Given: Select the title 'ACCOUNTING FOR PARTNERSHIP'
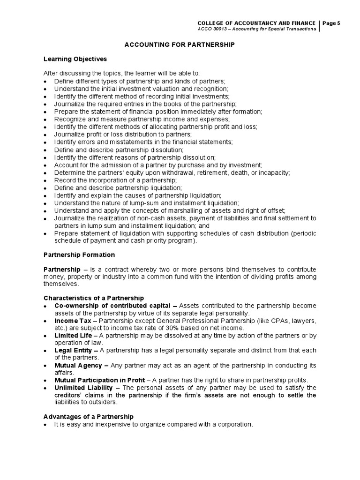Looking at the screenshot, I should click(x=179, y=44).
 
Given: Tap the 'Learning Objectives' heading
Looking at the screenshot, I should click(x=75, y=59).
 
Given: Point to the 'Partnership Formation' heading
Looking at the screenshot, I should click(x=79, y=255).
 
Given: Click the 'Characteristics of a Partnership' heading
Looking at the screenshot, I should click(x=94, y=298).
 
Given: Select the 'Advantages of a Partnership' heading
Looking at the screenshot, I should click(x=89, y=417).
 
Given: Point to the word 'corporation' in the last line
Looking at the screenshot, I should click(x=234, y=424).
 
